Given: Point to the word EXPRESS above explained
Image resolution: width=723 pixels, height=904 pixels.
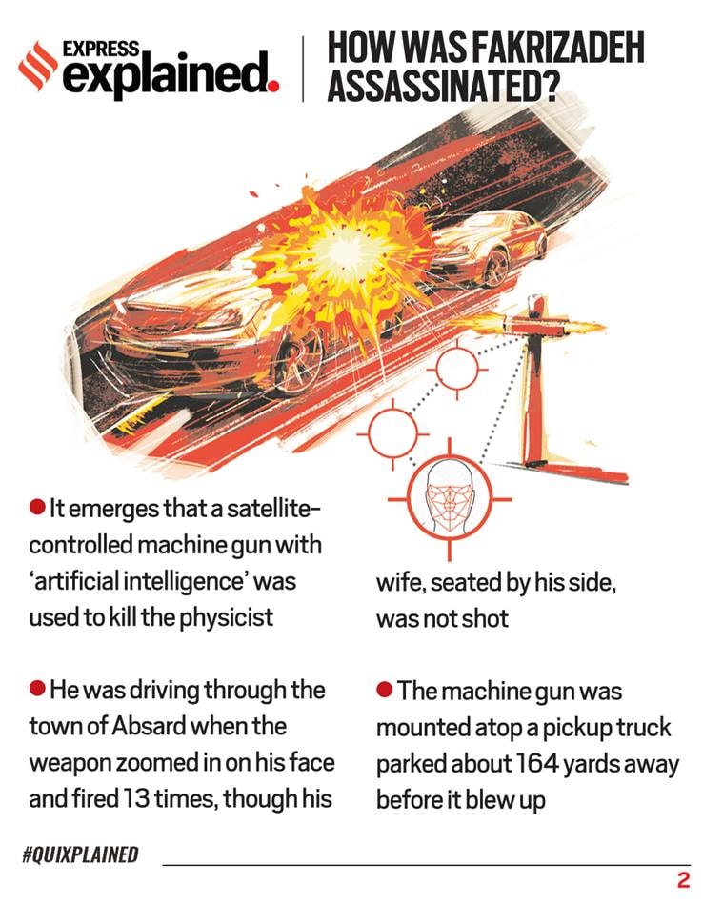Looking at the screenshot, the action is (100, 49).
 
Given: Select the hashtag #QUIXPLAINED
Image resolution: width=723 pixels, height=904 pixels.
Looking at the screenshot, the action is (80, 854).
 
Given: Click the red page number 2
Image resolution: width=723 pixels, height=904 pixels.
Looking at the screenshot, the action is (683, 880).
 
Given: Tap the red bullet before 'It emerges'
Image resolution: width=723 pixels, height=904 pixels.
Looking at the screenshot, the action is (37, 508).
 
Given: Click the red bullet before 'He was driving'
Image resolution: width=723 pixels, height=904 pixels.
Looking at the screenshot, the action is (37, 688).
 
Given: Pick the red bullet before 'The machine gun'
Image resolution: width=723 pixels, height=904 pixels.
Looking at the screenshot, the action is (385, 689).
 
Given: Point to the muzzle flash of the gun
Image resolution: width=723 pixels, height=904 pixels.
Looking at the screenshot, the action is (582, 330).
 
